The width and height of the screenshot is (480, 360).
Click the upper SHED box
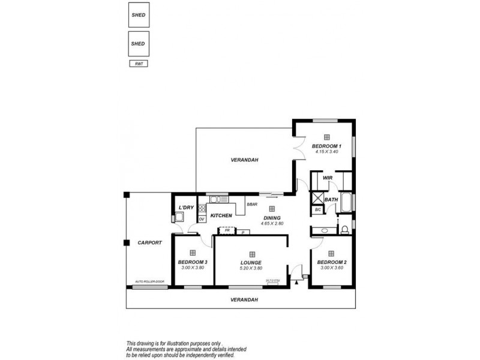pos(139,16)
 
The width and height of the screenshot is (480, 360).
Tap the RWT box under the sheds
pos(139,63)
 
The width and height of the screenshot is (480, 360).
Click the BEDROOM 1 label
pos(326,146)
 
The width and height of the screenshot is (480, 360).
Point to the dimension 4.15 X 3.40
pos(326,151)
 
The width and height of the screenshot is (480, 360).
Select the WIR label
pos(328,178)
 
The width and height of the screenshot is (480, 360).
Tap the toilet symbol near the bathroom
pos(344,230)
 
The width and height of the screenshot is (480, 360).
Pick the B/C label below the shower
pos(317,210)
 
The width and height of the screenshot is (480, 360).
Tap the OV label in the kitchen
pos(202,219)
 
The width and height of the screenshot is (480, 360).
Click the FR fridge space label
pos(227,230)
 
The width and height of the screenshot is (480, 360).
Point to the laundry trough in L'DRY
pos(179,218)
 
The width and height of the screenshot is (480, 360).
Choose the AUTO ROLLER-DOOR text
pos(148,281)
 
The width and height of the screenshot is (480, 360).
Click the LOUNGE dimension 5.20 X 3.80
pos(251,268)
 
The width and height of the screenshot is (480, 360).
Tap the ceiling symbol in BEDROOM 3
pos(193,253)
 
